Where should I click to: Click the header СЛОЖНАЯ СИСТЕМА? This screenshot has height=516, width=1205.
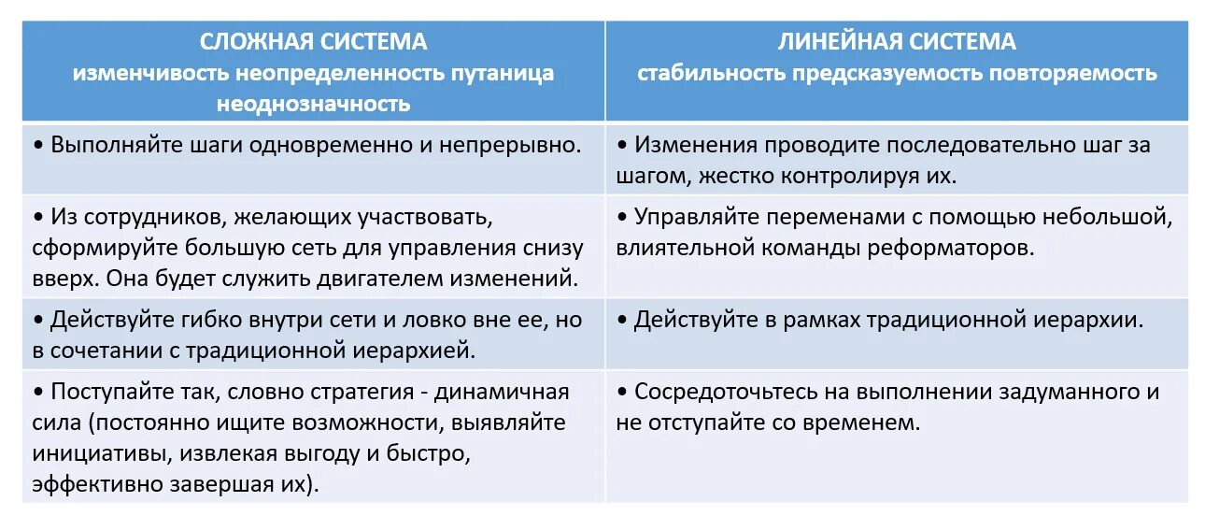[313, 42]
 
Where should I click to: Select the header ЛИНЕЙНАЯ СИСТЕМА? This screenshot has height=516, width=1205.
[897, 42]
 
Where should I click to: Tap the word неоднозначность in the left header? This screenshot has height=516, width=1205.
[313, 104]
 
